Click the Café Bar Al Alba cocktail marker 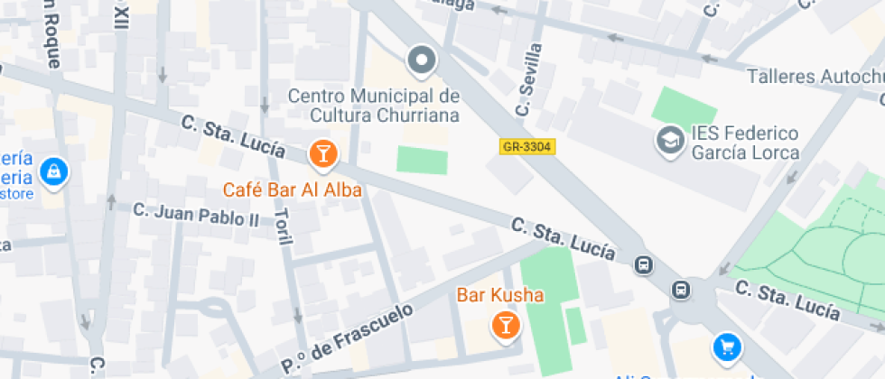click(322, 154)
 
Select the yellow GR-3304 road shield click(526, 146)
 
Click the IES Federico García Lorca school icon click(670, 141)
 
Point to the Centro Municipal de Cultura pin click(421, 61)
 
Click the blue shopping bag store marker click(54, 171)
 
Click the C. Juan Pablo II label click(196, 214)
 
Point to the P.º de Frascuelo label click(347, 339)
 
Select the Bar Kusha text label click(500, 295)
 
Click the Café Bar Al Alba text click(293, 189)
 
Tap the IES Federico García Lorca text click(745, 143)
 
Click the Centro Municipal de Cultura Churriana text click(374, 106)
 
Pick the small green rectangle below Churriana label click(422, 161)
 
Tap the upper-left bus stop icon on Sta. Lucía click(644, 264)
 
